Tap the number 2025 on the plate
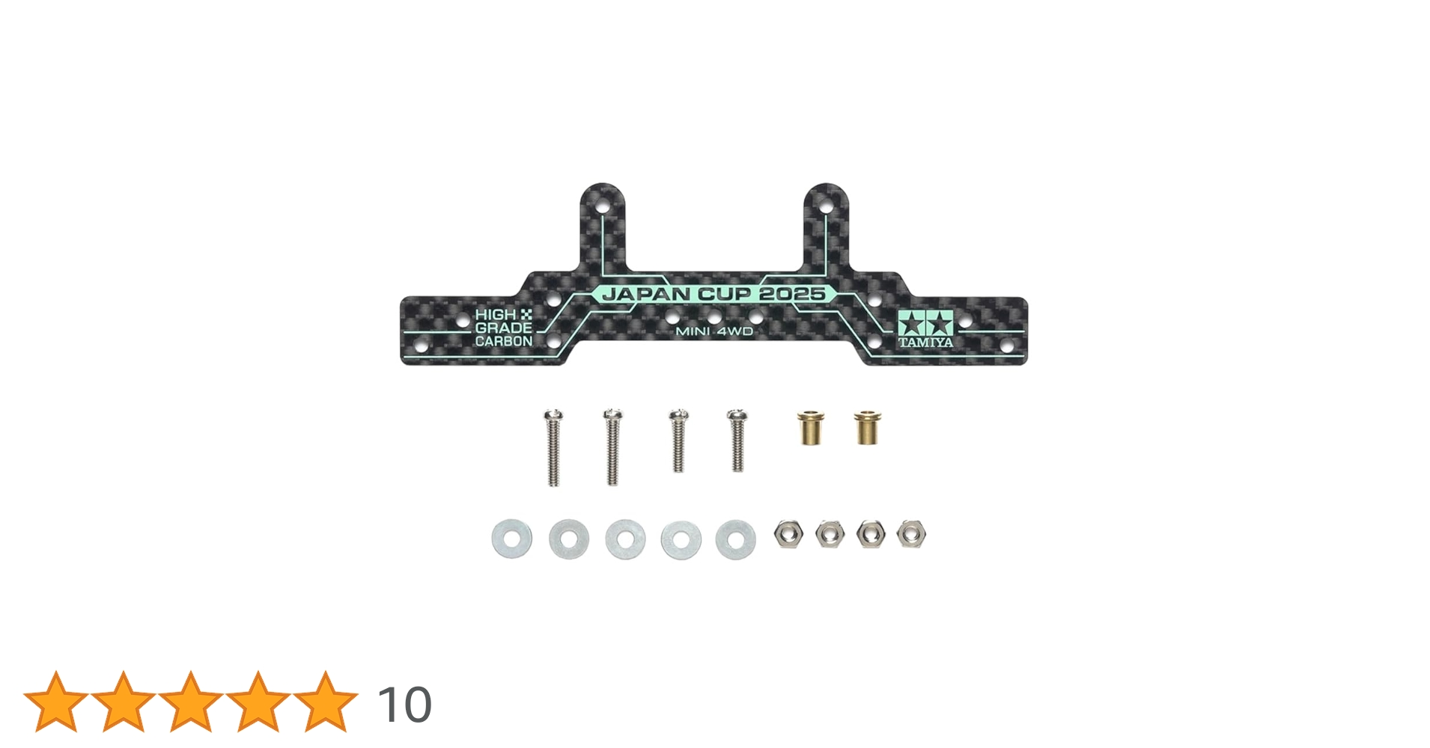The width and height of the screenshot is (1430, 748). [x=795, y=294]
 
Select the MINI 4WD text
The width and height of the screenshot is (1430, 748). [x=714, y=331]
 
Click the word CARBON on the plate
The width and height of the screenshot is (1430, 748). [x=504, y=341]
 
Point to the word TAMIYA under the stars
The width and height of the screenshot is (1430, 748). [x=926, y=343]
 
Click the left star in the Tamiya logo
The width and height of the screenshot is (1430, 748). [x=911, y=325]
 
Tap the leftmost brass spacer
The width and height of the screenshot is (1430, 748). [x=809, y=428]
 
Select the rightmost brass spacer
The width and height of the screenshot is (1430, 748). [x=867, y=427]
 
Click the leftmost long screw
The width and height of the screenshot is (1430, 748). [x=553, y=447]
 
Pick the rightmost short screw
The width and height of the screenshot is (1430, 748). [x=737, y=441]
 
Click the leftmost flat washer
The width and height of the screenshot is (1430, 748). [x=512, y=539]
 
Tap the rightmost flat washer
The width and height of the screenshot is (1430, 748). [x=735, y=539]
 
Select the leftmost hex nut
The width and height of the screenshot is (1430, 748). [x=788, y=534]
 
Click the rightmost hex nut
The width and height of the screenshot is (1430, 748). [x=910, y=534]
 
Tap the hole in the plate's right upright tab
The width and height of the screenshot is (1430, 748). [x=826, y=203]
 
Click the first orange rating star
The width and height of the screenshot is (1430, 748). [x=55, y=702]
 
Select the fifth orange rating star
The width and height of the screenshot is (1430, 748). [x=326, y=702]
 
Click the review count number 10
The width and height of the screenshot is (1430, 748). [x=404, y=705]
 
